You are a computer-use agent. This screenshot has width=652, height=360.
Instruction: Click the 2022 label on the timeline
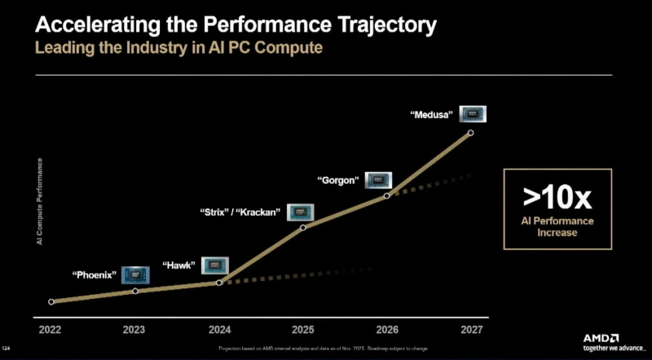pyautogui.click(x=51, y=330)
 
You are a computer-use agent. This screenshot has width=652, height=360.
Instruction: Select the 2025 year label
pyautogui.click(x=302, y=330)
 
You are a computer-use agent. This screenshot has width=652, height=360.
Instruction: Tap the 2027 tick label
pyautogui.click(x=470, y=330)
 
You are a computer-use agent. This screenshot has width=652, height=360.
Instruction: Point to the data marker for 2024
pyautogui.click(x=219, y=283)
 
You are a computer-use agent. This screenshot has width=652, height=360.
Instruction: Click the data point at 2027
pyautogui.click(x=470, y=133)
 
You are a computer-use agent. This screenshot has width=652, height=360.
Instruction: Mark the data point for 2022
pyautogui.click(x=51, y=301)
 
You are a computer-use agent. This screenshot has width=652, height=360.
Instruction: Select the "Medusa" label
pyautogui.click(x=431, y=116)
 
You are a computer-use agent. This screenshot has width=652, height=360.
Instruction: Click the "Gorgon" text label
pyautogui.click(x=337, y=180)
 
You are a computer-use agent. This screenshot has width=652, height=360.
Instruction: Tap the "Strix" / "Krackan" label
pyautogui.click(x=240, y=213)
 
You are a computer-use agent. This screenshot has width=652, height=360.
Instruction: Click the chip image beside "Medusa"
pyautogui.click(x=474, y=114)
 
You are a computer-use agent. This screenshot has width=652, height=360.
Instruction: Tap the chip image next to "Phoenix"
pyautogui.click(x=135, y=274)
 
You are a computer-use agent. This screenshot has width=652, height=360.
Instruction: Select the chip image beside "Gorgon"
pyautogui.click(x=379, y=180)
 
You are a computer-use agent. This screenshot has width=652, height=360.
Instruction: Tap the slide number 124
pyautogui.click(x=7, y=349)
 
